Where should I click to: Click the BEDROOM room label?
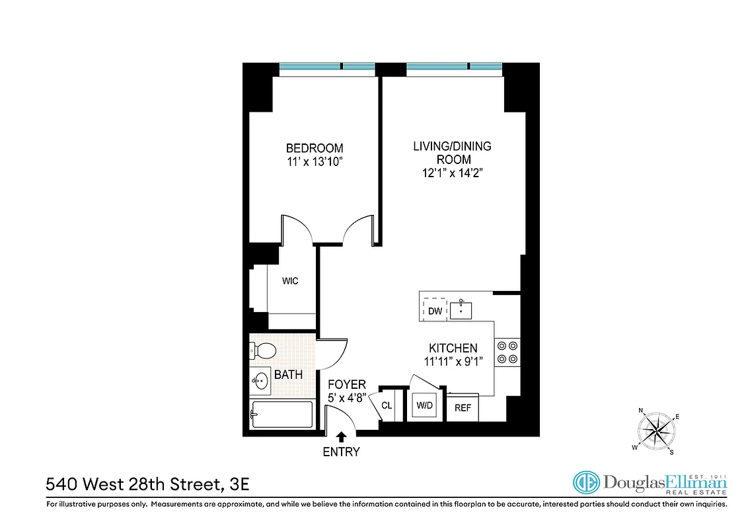(314, 148)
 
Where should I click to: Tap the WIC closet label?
(290, 281)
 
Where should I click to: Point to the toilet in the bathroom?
(263, 350)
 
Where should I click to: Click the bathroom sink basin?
(260, 380)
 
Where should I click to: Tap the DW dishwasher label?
(435, 311)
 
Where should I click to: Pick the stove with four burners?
(507, 352)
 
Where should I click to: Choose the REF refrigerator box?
(463, 408)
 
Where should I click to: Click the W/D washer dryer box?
(424, 405)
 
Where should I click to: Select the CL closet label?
(387, 405)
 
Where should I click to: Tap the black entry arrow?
(342, 436)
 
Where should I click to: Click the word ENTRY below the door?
(342, 452)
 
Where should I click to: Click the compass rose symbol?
(657, 431)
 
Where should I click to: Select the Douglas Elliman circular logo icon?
(585, 483)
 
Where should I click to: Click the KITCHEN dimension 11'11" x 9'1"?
(453, 362)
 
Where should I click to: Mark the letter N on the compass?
(640, 411)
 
